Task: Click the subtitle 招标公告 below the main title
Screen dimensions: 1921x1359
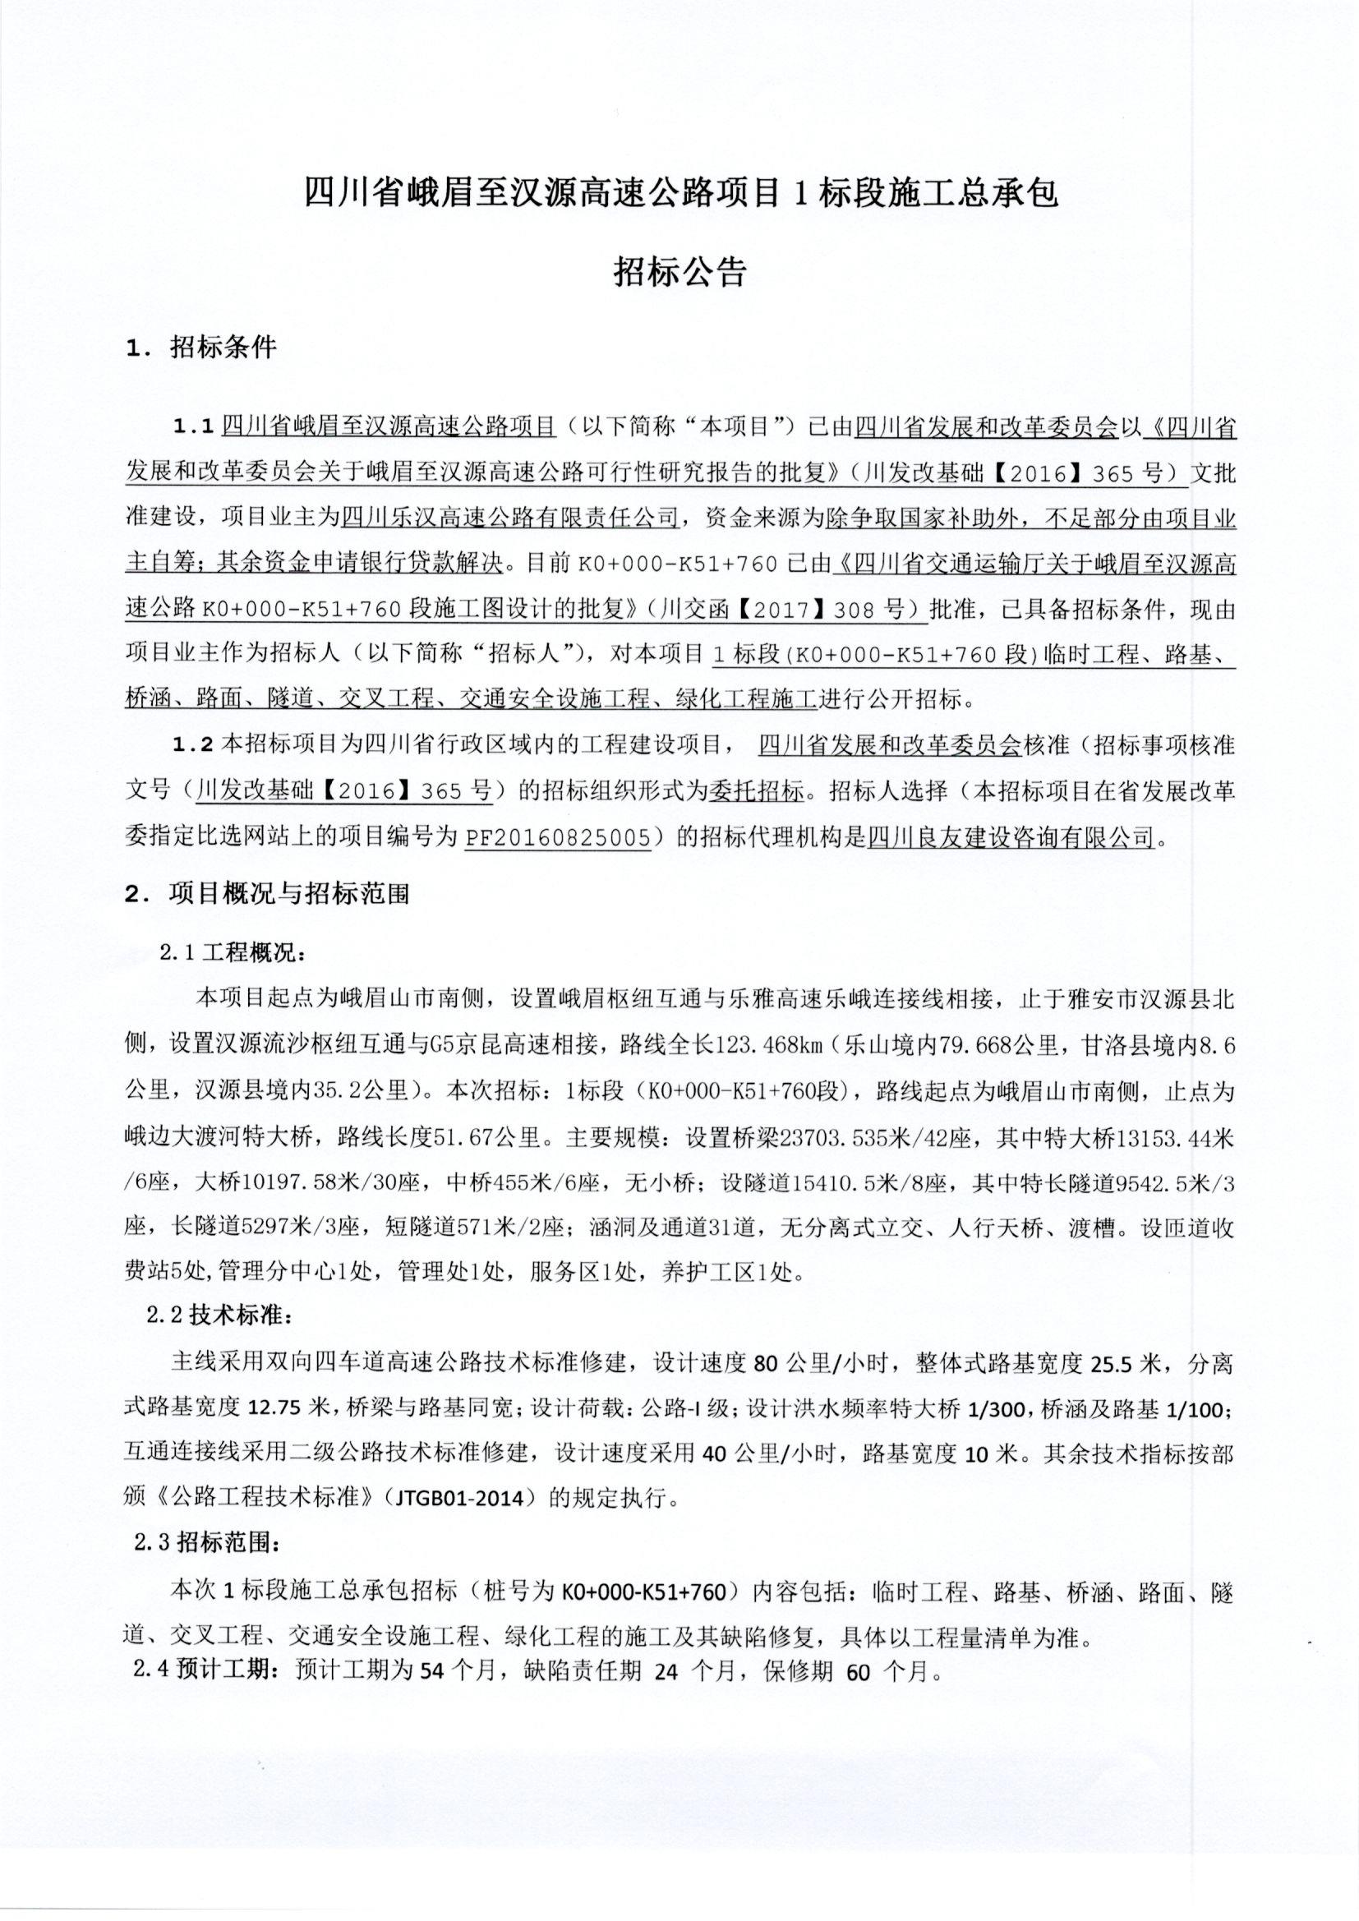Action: tap(679, 272)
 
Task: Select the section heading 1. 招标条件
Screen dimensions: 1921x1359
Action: tap(200, 348)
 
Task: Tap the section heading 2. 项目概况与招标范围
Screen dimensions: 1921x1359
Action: tap(267, 894)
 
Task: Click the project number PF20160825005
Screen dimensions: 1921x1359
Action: tap(557, 836)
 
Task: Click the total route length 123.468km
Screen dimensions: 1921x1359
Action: tap(776, 1045)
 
